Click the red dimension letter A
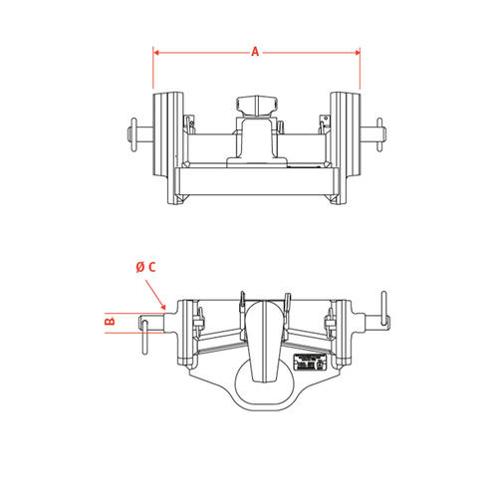(x=255, y=52)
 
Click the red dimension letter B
(x=110, y=322)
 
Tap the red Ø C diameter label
(x=145, y=267)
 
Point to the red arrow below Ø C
(x=155, y=295)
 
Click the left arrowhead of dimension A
(x=156, y=52)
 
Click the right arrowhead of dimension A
(x=358, y=52)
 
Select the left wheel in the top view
(x=168, y=133)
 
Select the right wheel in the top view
(x=346, y=133)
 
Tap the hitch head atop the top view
(x=257, y=107)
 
